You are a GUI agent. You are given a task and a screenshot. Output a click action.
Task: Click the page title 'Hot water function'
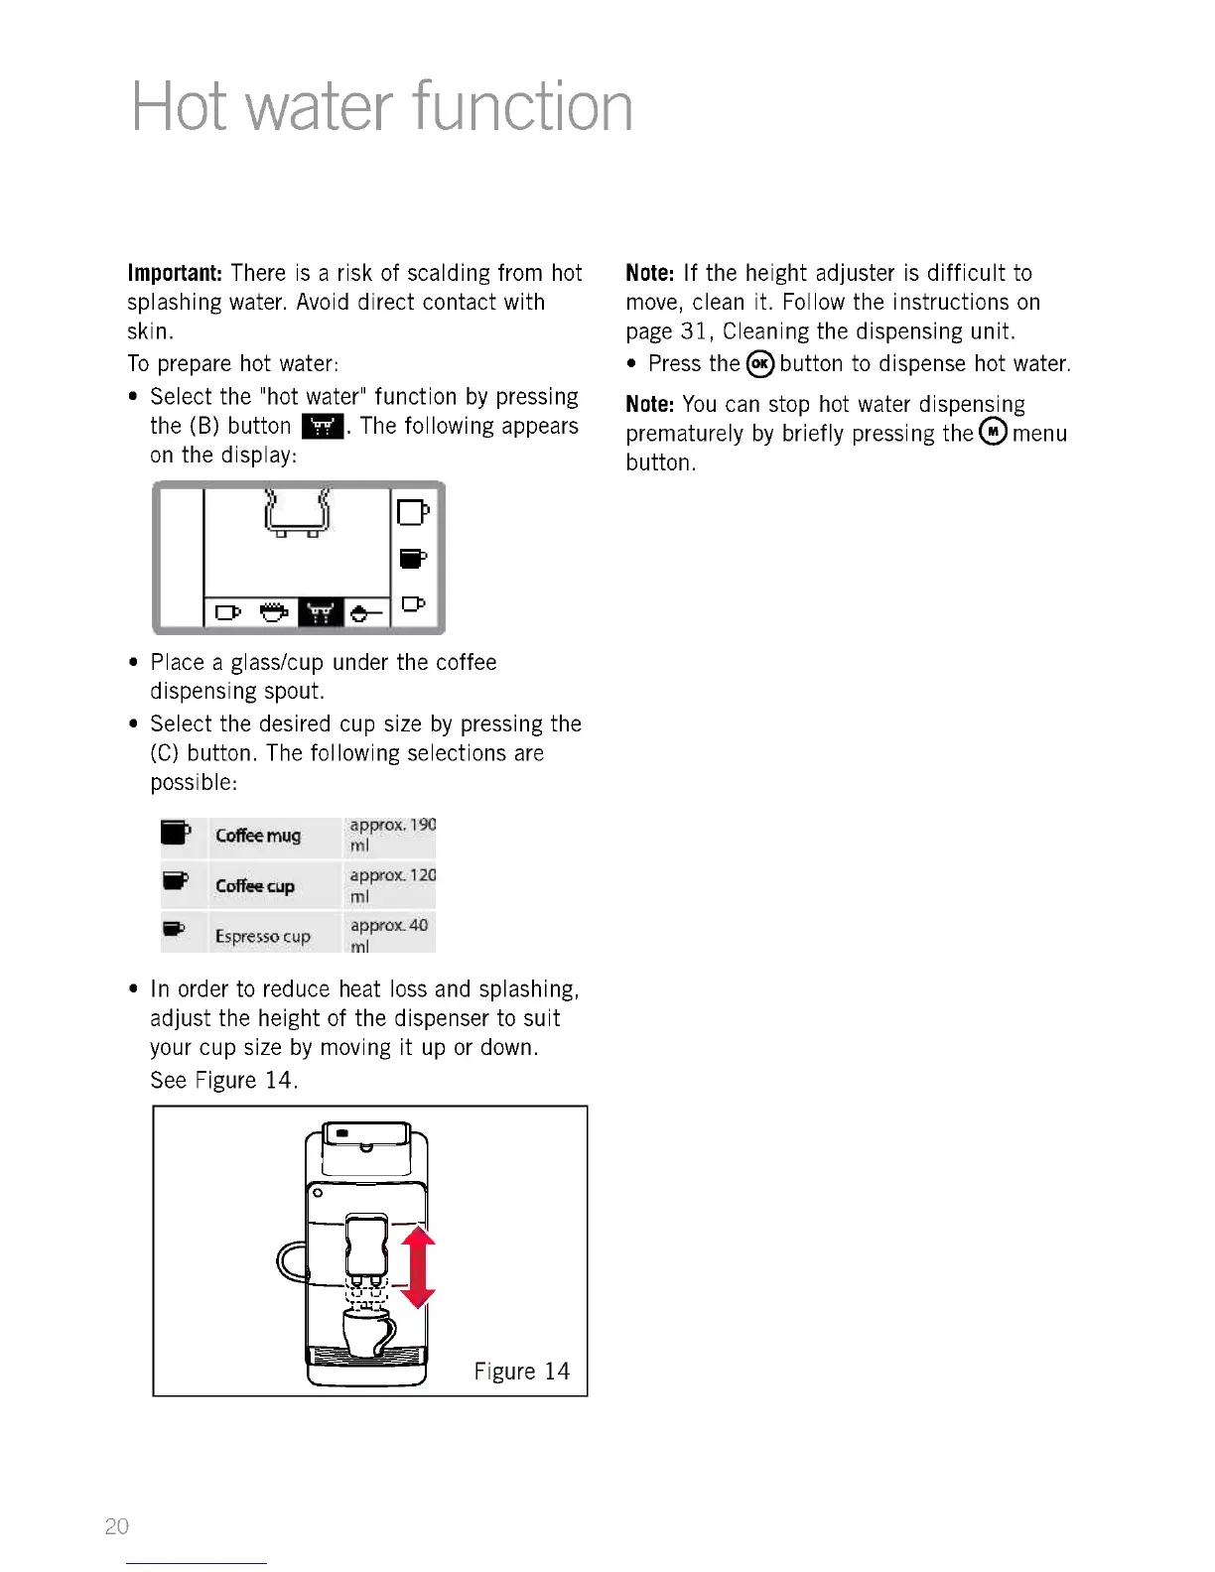pos(382,107)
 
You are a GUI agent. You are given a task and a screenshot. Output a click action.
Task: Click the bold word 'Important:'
pos(175,273)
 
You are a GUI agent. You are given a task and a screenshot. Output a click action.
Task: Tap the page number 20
pos(117,1526)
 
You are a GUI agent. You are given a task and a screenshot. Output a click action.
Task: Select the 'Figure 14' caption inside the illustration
pos(521,1372)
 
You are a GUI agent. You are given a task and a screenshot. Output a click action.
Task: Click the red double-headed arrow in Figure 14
pos(419,1267)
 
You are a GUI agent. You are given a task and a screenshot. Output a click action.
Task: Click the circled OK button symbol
pos(760,364)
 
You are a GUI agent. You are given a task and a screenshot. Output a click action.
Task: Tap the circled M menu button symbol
pos(993,432)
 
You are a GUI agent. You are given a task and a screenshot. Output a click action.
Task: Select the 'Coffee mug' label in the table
pos(258,836)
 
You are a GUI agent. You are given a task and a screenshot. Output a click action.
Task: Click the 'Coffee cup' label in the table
pos(255,885)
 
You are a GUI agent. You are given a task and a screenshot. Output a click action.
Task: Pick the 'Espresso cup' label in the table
pos(263,936)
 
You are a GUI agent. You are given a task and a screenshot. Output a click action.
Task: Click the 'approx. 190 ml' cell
pos(392,835)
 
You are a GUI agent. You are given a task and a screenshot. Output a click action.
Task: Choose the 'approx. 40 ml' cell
pos(389,935)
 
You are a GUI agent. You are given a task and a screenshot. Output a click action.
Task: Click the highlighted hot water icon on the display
pos(320,613)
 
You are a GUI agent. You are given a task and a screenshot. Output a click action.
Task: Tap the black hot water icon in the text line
pos(322,427)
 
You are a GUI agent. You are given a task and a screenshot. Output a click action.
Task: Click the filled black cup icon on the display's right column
pos(413,559)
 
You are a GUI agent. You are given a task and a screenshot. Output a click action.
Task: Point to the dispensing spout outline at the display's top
pos(296,512)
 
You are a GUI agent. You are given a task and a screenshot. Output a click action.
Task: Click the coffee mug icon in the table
pos(176,832)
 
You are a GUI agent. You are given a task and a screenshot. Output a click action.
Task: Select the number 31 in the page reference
pos(693,331)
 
